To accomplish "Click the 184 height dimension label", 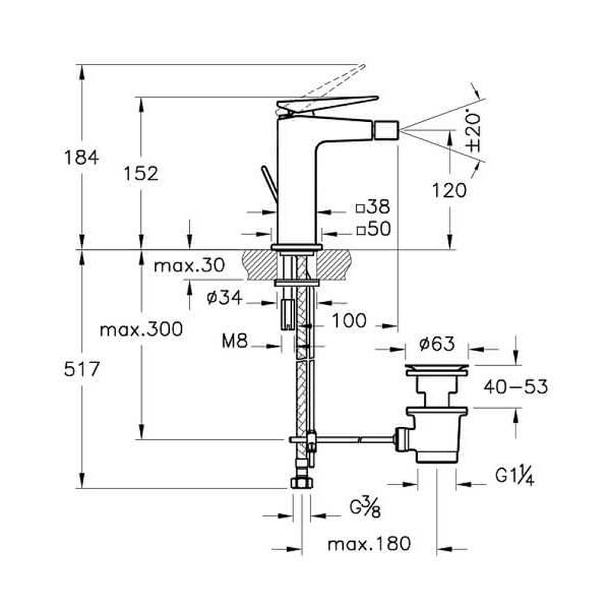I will point(82,158).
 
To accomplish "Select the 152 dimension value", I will point(142,173).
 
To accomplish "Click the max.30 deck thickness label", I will point(189,266).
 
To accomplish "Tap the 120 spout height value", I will point(448,190).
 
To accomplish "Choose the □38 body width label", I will point(373,207).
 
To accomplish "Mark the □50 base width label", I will point(373,228).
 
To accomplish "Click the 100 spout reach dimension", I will point(349,320).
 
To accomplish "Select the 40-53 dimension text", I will point(515,387).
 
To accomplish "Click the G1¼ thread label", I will point(512,477).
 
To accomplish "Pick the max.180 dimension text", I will point(369,544).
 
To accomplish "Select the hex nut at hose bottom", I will point(301,484).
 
